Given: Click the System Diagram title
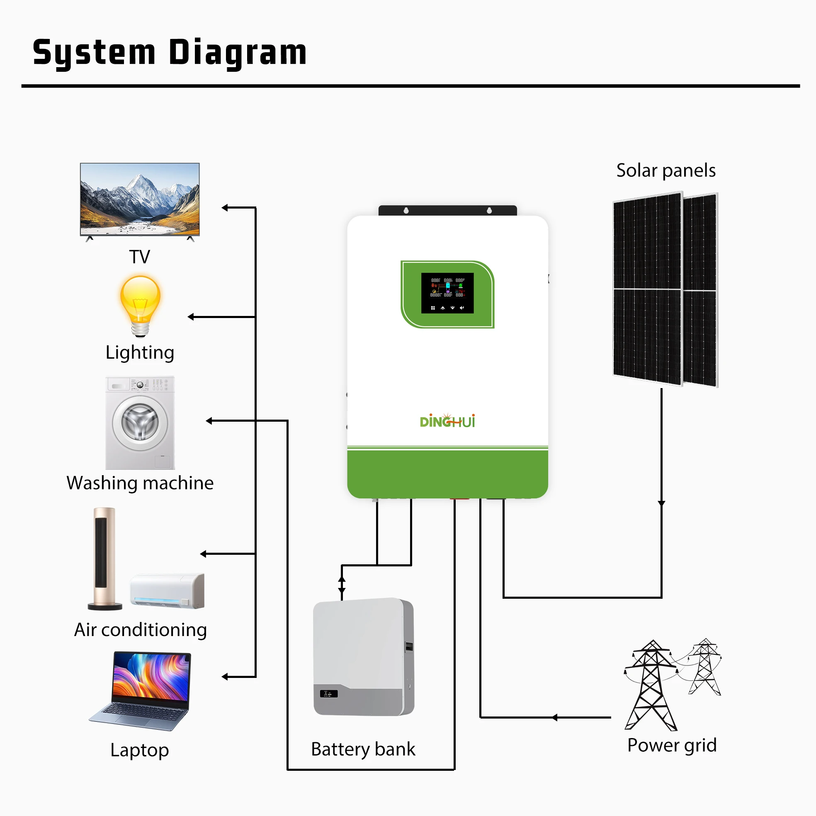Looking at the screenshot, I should [x=169, y=52].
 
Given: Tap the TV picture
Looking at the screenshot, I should [x=140, y=199].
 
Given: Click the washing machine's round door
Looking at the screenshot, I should [x=140, y=423].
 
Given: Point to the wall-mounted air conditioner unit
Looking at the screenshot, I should [x=167, y=590].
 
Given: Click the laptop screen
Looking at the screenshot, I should [x=151, y=677].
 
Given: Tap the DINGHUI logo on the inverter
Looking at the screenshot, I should [x=447, y=421].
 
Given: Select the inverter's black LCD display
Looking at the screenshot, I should [x=447, y=293].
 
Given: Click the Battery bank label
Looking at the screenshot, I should [x=363, y=749].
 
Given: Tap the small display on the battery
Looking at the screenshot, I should [x=328, y=694].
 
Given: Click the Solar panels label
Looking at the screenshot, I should [x=665, y=171].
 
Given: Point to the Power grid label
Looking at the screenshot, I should [x=672, y=745].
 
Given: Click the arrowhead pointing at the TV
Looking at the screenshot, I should [x=225, y=208].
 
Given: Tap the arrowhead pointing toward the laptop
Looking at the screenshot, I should [x=225, y=677].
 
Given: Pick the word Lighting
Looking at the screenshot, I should [x=140, y=353].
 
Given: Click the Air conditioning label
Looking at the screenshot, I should [x=141, y=630].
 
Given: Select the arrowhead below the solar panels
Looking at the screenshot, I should [x=661, y=503].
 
